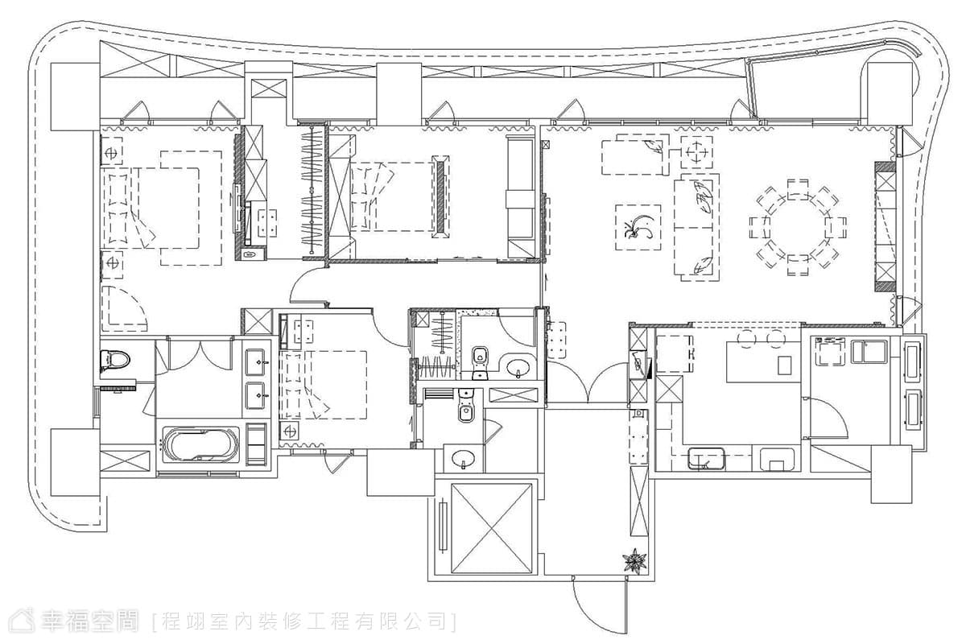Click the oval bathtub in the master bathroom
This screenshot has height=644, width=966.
(x=201, y=445)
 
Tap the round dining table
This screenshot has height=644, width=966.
(x=798, y=227)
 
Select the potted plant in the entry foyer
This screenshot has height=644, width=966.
(x=635, y=561)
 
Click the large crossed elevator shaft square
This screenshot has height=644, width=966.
(x=491, y=528)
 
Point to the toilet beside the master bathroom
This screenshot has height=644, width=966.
(x=115, y=361)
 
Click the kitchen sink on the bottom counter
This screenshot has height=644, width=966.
(x=706, y=459)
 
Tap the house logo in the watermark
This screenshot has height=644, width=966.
(x=22, y=621)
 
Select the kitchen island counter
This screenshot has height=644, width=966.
(x=764, y=361)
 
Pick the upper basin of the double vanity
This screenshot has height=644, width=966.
(x=255, y=362)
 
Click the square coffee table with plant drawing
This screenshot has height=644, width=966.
(x=638, y=227)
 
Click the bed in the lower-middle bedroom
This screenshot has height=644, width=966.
(x=324, y=385)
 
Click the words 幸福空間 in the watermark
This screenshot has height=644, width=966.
(x=89, y=621)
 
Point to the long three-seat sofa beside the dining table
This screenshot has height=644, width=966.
(x=696, y=227)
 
